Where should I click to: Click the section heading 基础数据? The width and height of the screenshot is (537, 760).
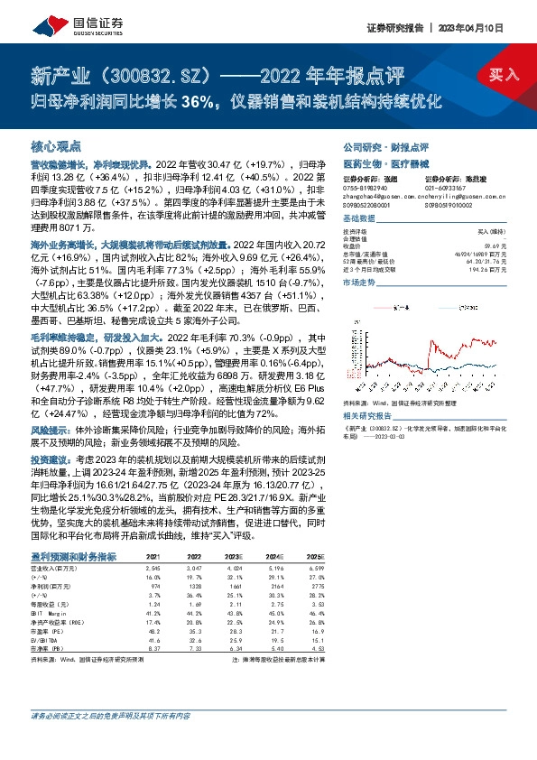pyautogui.click(x=359, y=220)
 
